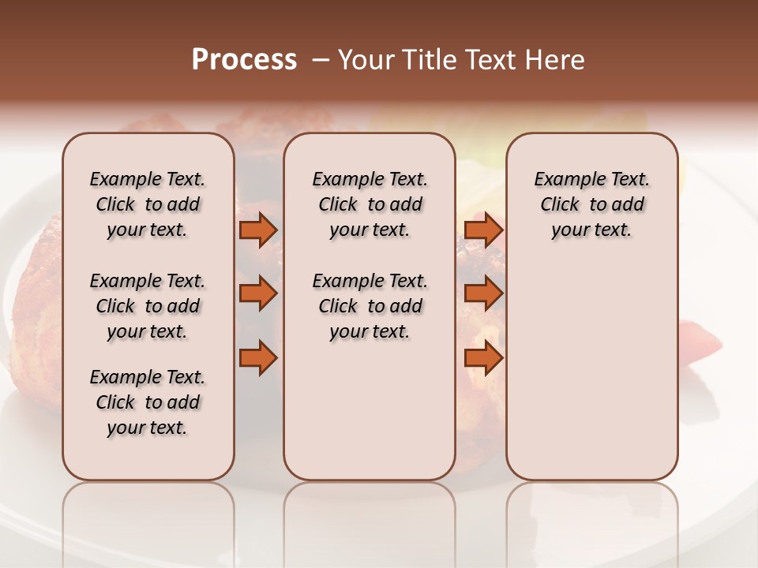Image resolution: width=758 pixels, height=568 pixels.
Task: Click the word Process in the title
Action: tap(244, 60)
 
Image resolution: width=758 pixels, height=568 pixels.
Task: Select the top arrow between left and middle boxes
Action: tap(257, 230)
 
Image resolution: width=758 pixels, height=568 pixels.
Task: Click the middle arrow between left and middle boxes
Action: tap(257, 293)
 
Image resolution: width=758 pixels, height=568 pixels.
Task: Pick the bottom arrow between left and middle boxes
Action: tap(257, 358)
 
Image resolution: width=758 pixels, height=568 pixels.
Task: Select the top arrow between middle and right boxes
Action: tap(483, 230)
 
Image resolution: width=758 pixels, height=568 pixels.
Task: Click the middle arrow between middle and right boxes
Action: tap(483, 293)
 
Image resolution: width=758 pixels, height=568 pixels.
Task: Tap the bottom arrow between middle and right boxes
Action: tap(483, 358)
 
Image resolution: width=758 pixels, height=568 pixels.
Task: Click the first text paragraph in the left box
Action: tap(148, 204)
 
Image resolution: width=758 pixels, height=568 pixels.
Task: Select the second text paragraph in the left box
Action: tap(148, 306)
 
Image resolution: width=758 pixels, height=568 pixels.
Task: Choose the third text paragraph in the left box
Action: tap(148, 402)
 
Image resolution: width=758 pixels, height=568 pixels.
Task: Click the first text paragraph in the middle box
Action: tap(370, 204)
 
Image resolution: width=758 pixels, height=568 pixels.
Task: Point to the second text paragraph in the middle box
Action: tap(370, 306)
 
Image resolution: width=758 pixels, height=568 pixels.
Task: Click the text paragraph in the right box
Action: tap(592, 204)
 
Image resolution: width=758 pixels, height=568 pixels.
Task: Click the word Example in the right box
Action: tap(564, 180)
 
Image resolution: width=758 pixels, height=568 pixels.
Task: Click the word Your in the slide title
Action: tap(365, 60)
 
